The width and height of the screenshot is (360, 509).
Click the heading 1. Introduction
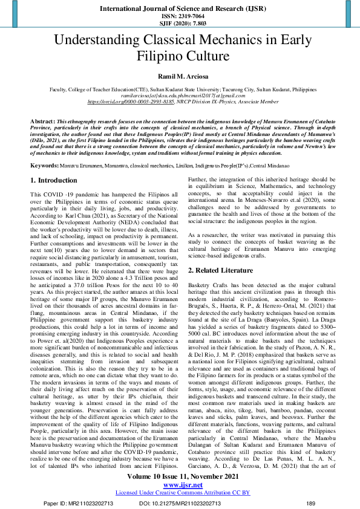tap(54, 180)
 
